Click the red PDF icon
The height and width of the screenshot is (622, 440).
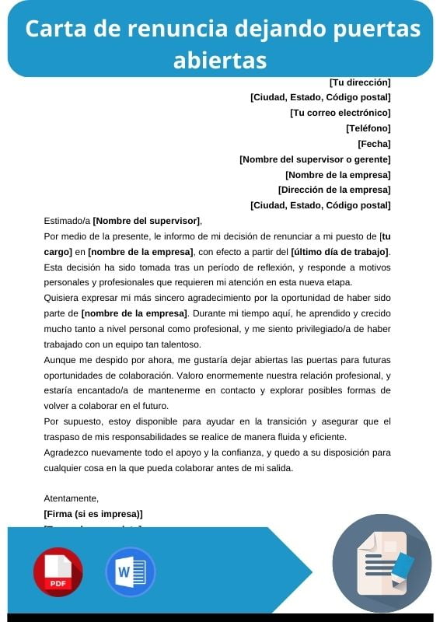pos(58,571)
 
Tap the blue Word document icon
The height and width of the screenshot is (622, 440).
pos(130,571)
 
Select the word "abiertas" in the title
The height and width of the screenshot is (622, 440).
pos(220,60)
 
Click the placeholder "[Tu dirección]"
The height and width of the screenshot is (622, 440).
pos(360,82)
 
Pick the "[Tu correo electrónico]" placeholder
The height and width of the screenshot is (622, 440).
pos(340,113)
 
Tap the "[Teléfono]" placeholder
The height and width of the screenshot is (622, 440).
pos(368,128)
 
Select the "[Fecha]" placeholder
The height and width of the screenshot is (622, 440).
pos(374,144)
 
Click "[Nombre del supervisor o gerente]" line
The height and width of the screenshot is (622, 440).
pos(315,159)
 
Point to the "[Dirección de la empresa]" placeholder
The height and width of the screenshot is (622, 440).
pos(334,190)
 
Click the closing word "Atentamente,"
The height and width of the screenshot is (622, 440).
pos(72,498)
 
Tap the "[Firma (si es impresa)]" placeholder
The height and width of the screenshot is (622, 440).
pos(93,514)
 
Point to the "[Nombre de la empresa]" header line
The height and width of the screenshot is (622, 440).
pos(337,175)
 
